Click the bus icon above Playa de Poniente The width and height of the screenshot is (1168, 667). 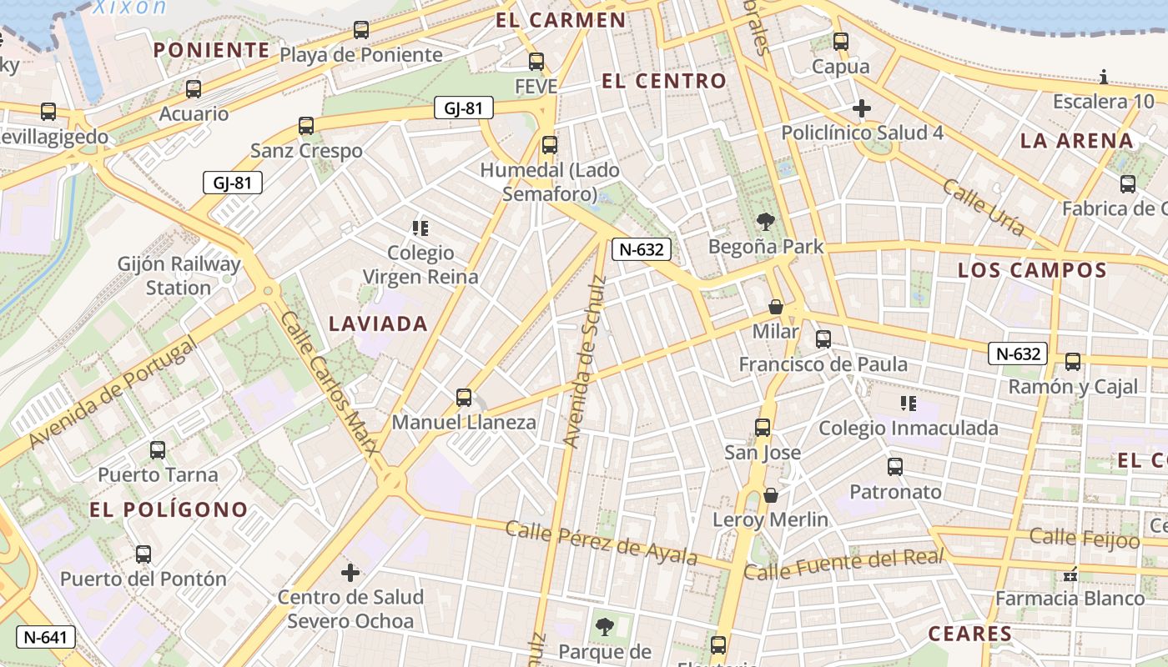361,30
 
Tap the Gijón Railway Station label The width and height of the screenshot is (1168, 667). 179,276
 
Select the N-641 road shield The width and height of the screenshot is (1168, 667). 45,638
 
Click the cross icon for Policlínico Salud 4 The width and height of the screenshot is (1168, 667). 862,108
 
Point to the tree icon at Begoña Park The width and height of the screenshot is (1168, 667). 765,222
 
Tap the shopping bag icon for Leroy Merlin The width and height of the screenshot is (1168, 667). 771,495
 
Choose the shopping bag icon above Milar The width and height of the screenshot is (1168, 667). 776,307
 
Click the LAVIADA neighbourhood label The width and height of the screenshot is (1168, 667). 379,323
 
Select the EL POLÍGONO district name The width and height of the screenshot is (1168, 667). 169,509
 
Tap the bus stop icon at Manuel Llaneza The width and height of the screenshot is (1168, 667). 464,398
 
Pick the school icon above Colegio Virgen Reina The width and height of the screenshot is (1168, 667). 420,228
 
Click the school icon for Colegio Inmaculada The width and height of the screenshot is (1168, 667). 909,404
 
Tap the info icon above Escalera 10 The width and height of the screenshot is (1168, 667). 1104,78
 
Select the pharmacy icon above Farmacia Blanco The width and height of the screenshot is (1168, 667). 1071,574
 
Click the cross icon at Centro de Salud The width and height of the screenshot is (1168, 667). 350,573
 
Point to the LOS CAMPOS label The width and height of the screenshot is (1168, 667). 1032,270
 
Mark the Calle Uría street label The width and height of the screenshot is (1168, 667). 984,207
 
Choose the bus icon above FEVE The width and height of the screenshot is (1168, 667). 536,62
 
